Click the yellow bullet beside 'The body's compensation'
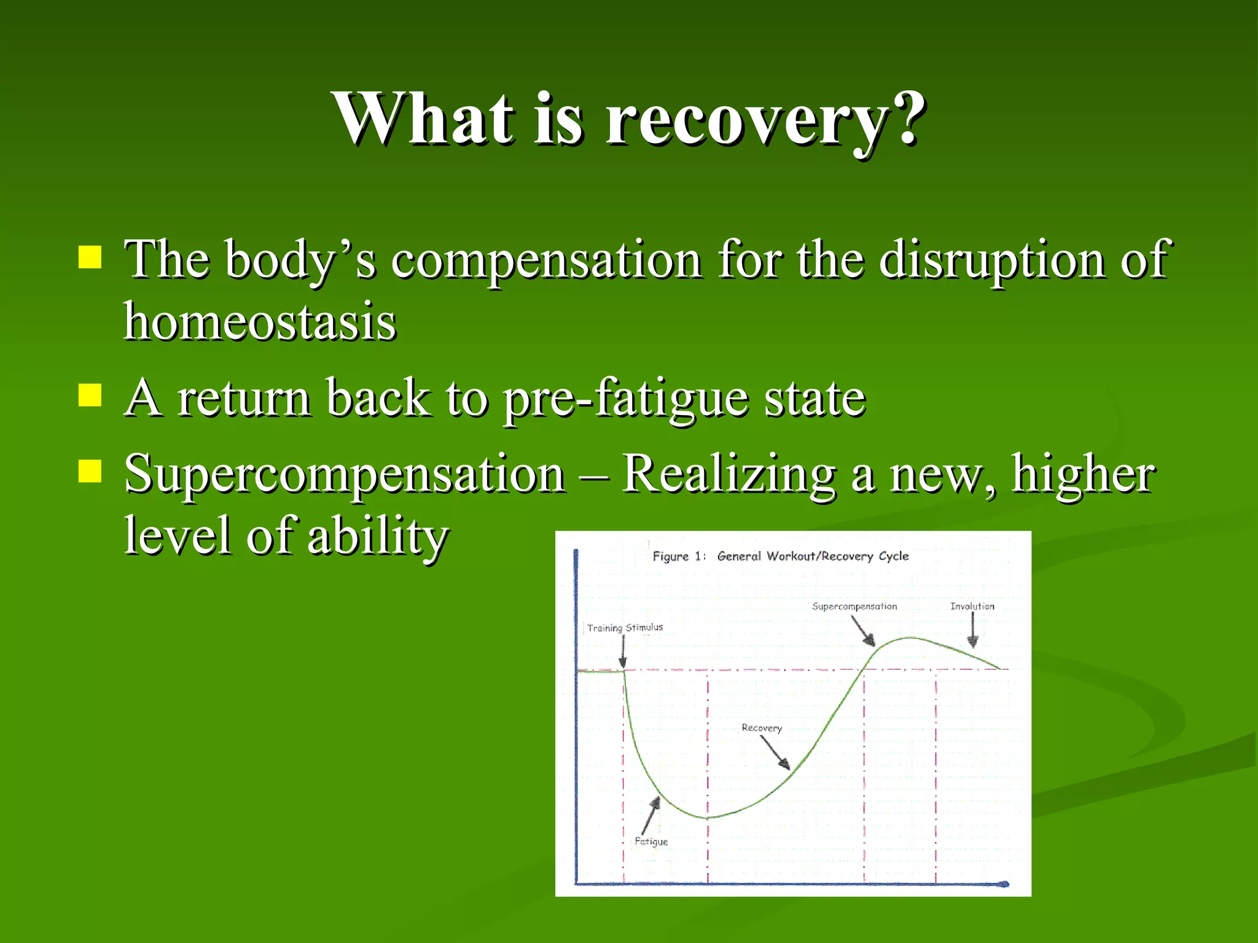pyautogui.click(x=90, y=258)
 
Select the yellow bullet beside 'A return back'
pyautogui.click(x=90, y=396)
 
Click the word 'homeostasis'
pyautogui.click(x=260, y=322)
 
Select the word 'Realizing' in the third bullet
pyautogui.click(x=729, y=474)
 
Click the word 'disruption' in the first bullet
pyautogui.click(x=991, y=260)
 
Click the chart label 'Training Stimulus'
pyautogui.click(x=625, y=627)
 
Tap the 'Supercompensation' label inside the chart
pyautogui.click(x=854, y=607)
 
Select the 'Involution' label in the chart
pyautogui.click(x=972, y=607)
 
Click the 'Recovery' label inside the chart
pyautogui.click(x=762, y=728)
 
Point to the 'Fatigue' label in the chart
pyautogui.click(x=651, y=842)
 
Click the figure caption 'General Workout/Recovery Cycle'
pyautogui.click(x=812, y=556)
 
